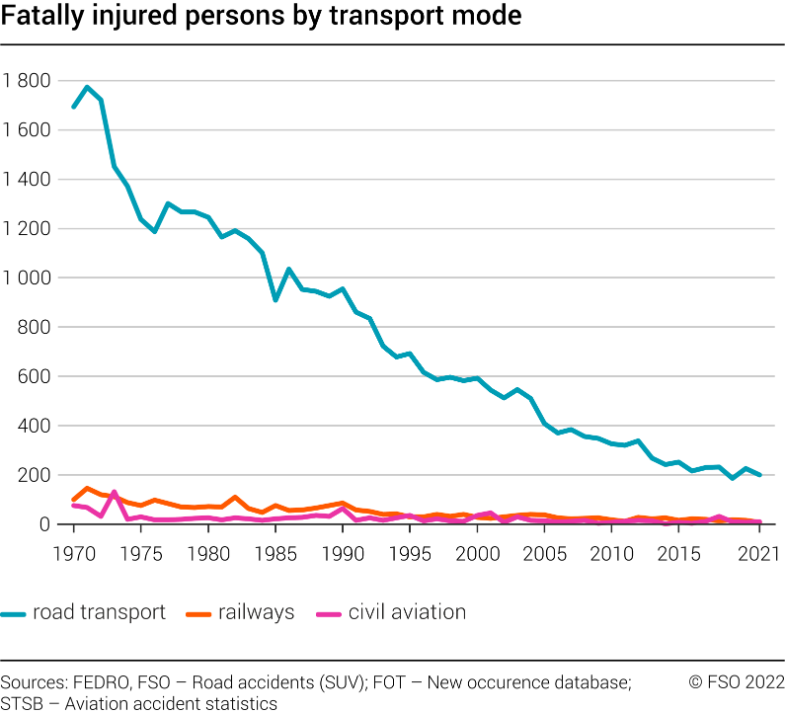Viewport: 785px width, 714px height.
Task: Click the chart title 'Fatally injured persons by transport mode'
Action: (261, 18)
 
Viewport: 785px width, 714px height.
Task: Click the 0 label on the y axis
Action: (45, 524)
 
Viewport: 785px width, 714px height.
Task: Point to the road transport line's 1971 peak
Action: (87, 87)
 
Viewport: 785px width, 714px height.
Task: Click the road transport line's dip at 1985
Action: (275, 299)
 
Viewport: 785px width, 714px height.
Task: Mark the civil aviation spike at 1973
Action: (114, 492)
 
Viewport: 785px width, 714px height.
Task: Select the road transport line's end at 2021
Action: (758, 475)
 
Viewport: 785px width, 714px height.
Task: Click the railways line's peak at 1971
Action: (87, 488)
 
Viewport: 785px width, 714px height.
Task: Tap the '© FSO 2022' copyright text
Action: (736, 682)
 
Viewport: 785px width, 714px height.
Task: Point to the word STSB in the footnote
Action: (22, 703)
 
